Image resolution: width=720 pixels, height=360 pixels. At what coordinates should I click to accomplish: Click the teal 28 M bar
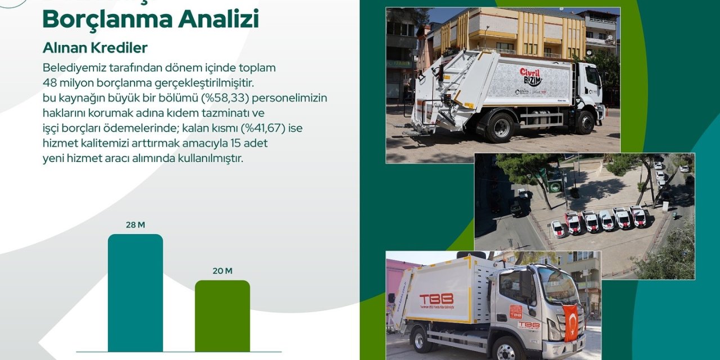click(x=135, y=292)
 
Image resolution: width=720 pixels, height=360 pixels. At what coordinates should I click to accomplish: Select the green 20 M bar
click(x=222, y=316)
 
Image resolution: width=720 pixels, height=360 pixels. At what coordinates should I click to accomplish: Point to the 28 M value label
click(x=135, y=225)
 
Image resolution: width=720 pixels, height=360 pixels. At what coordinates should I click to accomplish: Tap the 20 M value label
click(x=222, y=271)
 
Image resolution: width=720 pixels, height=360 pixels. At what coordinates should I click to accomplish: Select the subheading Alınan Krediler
click(x=95, y=48)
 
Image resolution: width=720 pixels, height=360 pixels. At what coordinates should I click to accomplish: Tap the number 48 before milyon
click(x=49, y=83)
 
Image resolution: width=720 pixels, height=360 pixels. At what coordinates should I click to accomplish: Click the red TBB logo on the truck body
click(x=436, y=299)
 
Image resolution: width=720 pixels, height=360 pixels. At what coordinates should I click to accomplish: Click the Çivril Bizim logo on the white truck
click(x=530, y=77)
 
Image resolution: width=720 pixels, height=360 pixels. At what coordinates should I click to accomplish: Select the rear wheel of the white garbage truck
click(x=499, y=128)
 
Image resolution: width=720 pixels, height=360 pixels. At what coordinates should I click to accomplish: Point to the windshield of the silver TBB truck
click(x=557, y=285)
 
